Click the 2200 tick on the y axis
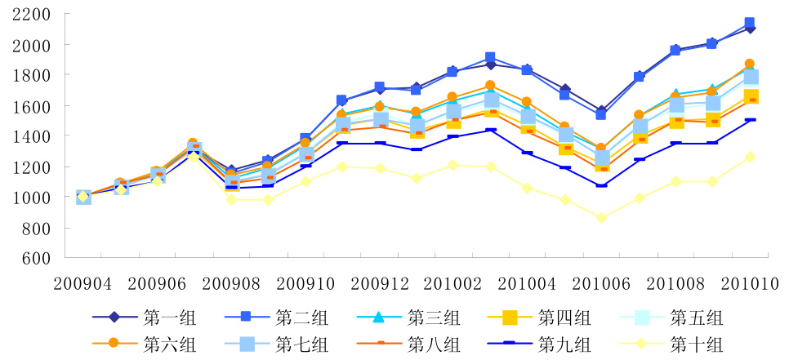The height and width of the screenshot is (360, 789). pos(31,15)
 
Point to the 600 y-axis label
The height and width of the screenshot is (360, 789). pos(37,258)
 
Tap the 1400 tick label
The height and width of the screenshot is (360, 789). pos(31,136)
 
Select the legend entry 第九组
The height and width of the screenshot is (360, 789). pos(566,344)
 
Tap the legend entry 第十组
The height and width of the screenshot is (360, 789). pos(696,344)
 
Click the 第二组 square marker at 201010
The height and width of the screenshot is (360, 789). pos(750,23)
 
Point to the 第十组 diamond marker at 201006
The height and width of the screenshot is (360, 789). pos(603,218)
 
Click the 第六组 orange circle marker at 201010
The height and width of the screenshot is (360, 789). pos(750,64)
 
